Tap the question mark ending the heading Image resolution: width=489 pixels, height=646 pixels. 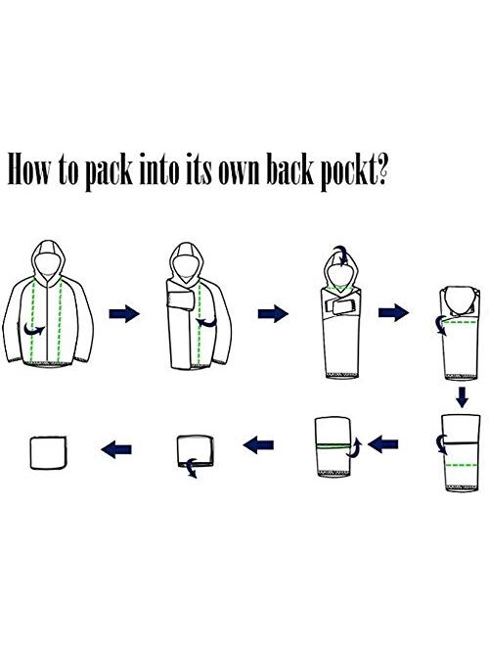click(x=382, y=169)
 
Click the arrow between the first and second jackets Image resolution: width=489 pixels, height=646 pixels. click(x=124, y=314)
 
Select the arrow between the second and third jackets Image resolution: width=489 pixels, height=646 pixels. click(x=273, y=314)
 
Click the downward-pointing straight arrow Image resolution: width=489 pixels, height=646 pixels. click(x=463, y=396)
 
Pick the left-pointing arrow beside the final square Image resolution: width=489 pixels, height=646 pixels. click(x=116, y=448)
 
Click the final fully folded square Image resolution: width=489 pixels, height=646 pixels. click(x=48, y=452)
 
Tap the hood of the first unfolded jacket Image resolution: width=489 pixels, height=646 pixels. click(x=49, y=259)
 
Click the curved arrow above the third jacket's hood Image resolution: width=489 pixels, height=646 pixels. click(x=341, y=255)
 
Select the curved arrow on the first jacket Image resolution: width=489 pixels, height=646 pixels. click(x=34, y=329)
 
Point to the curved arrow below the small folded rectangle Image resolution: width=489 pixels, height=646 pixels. click(x=191, y=468)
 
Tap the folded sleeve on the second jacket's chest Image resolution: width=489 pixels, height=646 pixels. click(x=180, y=300)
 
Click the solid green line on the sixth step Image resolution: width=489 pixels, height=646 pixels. click(x=333, y=445)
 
